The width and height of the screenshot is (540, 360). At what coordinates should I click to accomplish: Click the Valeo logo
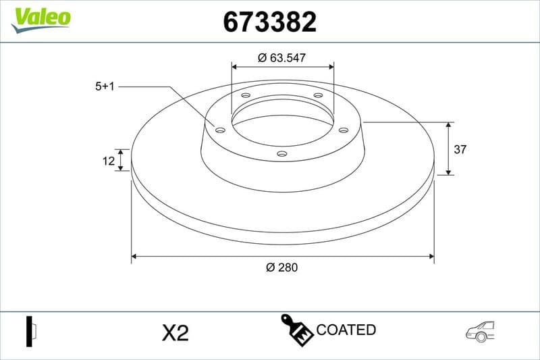coord(40,18)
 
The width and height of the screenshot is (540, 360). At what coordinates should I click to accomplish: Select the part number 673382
coord(269,23)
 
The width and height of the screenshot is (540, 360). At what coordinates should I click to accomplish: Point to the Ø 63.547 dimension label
coord(282,58)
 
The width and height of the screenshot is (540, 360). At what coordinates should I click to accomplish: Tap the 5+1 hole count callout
coord(105,86)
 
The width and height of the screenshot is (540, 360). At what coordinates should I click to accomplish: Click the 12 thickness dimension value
coord(107,160)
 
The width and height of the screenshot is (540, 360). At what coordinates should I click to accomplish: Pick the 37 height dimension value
coord(460,149)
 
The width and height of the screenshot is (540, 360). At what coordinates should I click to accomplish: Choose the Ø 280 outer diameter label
coord(282,267)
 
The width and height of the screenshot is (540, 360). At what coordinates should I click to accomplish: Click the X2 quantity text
coord(175,332)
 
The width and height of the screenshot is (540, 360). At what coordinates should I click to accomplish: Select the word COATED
coord(346,330)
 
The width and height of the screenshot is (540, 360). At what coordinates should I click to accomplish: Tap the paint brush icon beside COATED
coord(296,330)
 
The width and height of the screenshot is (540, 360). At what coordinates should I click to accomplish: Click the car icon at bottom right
coord(480,330)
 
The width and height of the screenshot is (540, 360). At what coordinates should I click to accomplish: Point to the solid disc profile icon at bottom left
coord(30,331)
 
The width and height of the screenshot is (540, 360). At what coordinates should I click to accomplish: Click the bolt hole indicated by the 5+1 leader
coord(220,130)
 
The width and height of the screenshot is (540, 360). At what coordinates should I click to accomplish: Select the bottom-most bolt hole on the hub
coord(282,154)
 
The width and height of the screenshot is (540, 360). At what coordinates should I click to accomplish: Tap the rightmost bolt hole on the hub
coord(343,130)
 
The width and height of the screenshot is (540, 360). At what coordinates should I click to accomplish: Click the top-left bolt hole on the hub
coord(246,96)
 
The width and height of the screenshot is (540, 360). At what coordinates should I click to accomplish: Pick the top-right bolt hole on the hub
coord(318,96)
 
